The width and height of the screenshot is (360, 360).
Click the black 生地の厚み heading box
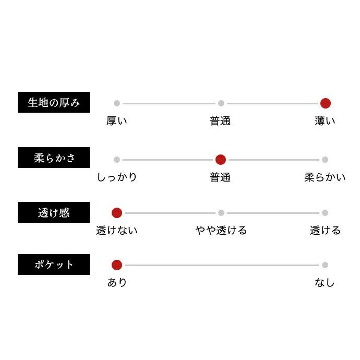click(x=54, y=102)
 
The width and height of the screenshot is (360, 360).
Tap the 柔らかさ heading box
click(x=54, y=158)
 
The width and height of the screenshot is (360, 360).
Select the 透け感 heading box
click(x=54, y=212)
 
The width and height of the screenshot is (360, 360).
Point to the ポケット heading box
click(x=54, y=265)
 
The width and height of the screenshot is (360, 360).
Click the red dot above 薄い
click(x=325, y=103)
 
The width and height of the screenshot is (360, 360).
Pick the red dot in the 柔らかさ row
click(x=221, y=160)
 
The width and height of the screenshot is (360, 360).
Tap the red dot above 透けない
click(x=117, y=213)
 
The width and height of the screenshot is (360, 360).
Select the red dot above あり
click(x=117, y=265)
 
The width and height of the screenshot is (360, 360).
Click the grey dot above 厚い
click(x=117, y=103)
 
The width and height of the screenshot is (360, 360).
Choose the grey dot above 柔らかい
click(x=325, y=160)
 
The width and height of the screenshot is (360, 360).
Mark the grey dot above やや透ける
click(x=221, y=213)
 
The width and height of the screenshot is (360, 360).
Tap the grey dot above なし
click(x=325, y=265)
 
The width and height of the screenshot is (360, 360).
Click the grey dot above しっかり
click(x=117, y=160)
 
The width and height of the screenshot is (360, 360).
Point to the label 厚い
click(x=117, y=121)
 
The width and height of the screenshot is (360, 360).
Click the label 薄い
click(x=325, y=121)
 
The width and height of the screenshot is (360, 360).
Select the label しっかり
click(x=117, y=177)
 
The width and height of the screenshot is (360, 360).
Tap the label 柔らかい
click(x=325, y=177)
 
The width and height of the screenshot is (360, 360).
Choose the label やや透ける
click(x=221, y=230)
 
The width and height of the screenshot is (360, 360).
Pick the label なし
click(x=325, y=283)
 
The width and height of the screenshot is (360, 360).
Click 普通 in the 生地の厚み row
click(x=220, y=121)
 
